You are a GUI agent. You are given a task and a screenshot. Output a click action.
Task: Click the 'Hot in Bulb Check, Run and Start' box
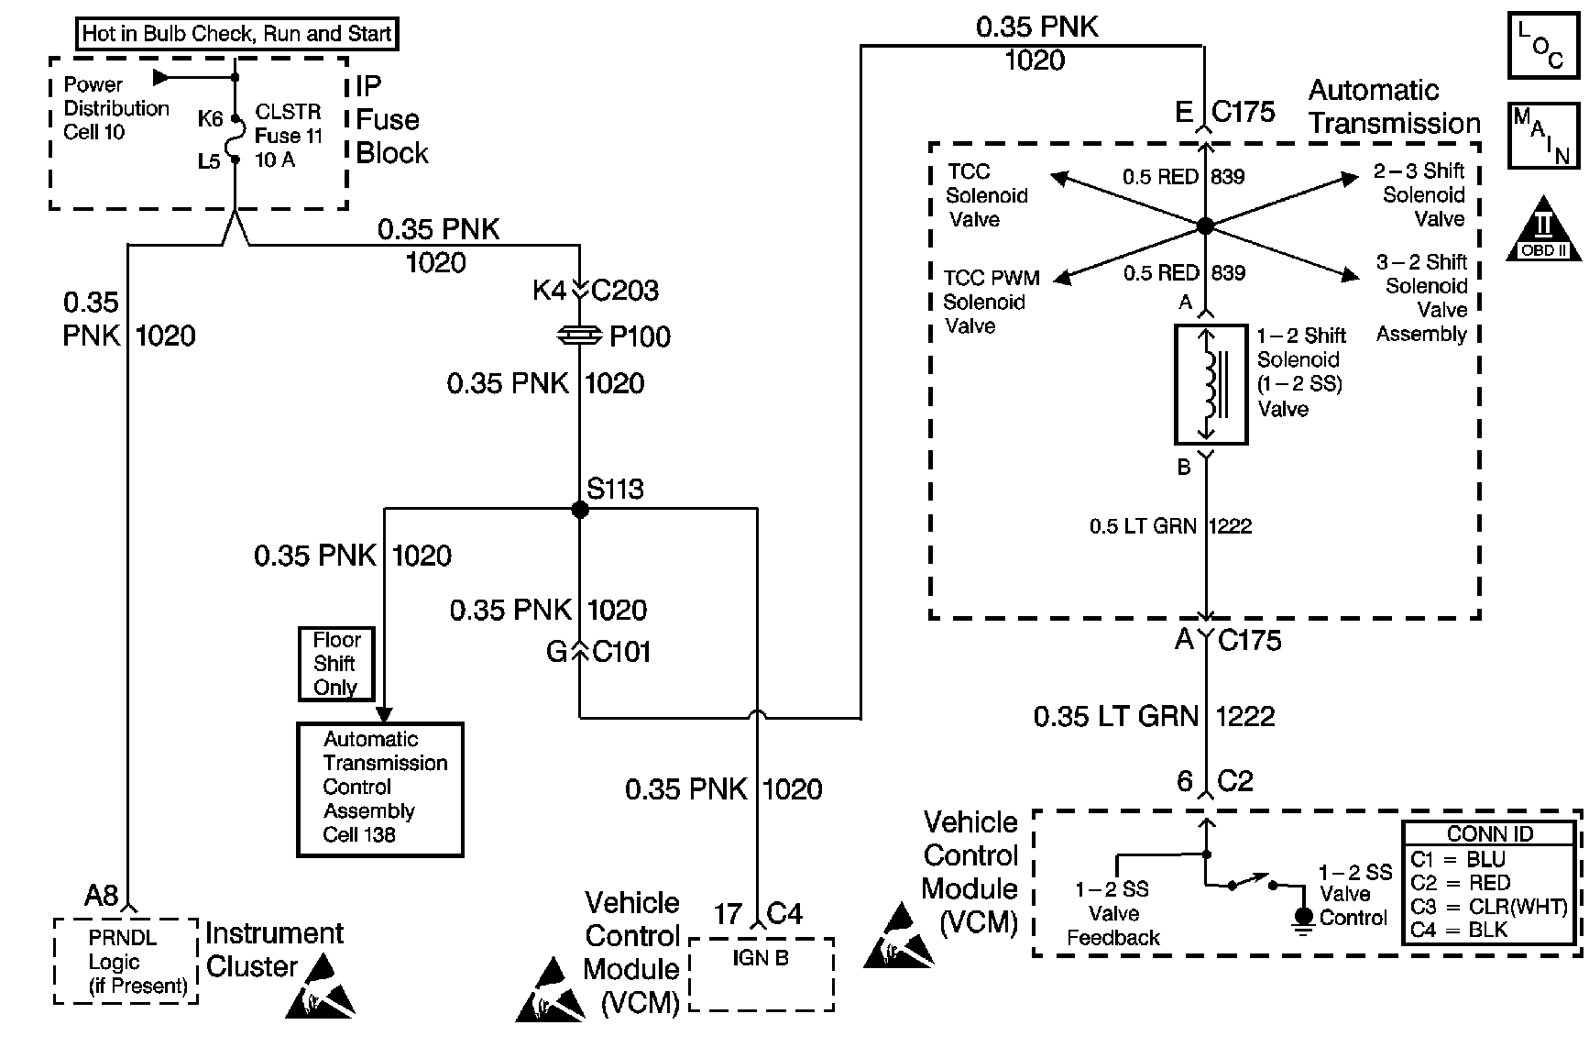coord(236,35)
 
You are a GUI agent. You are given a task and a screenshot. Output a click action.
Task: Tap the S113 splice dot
coord(579,509)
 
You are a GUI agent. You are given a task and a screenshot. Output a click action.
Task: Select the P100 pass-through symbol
coord(579,337)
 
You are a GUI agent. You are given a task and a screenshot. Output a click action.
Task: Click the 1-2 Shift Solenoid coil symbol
coord(1211,384)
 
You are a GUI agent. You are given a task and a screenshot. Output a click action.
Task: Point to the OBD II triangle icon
coord(1544,228)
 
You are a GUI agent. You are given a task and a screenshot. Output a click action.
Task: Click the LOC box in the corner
coord(1544,44)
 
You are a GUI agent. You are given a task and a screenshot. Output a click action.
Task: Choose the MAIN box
coord(1544,135)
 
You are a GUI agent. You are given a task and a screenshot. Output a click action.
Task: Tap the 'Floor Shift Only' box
coord(336,664)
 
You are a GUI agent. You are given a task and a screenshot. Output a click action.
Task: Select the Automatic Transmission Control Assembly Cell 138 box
coord(380,788)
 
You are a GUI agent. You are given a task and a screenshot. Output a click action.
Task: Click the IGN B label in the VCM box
coord(761,959)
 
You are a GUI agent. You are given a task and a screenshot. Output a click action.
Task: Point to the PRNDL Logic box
coord(126,961)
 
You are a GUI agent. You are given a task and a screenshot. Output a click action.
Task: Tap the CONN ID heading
coord(1489,833)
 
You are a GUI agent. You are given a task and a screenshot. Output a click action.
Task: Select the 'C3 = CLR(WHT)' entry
coord(1489,907)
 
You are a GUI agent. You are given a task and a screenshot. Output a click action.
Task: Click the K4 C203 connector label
coord(596,291)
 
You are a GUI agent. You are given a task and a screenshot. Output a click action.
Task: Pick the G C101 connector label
coord(598,652)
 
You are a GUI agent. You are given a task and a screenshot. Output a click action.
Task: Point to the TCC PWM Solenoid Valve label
coord(992,302)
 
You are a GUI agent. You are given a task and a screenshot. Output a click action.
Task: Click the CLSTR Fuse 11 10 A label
coord(288,136)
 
